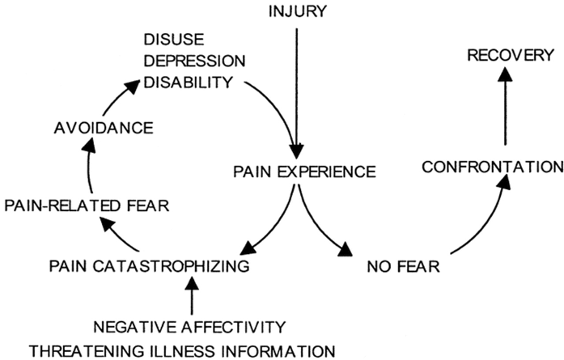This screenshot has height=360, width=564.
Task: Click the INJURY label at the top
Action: tap(299, 11)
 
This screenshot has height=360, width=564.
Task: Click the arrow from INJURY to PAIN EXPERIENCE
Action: tap(299, 89)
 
